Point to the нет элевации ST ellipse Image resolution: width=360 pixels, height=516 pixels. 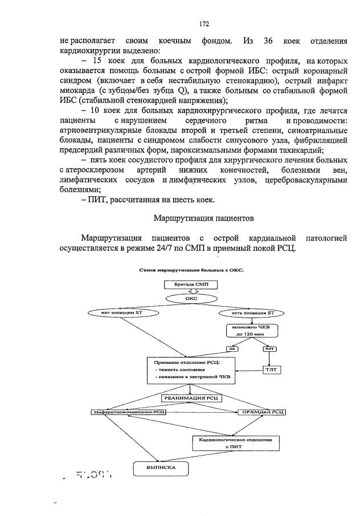tap(115, 312)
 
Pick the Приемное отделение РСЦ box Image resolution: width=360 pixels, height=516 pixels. tap(182, 370)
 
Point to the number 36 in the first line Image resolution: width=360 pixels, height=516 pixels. tap(269, 40)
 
